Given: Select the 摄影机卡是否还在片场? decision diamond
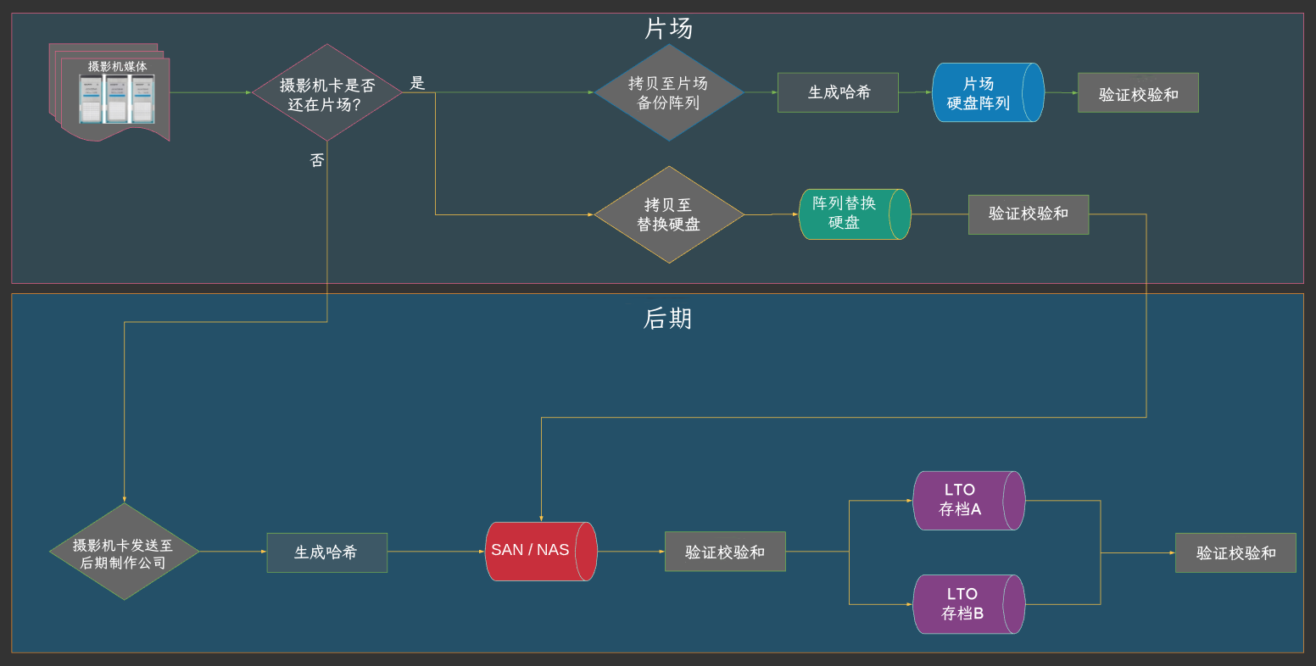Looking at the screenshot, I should [x=327, y=93].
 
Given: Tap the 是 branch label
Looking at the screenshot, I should [x=417, y=83].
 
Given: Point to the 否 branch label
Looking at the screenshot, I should [x=317, y=160].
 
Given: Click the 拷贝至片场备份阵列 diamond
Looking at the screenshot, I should [x=668, y=92].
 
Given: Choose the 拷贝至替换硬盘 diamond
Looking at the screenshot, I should [x=668, y=214].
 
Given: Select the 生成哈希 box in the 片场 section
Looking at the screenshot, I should [x=838, y=92].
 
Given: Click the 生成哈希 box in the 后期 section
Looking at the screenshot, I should [x=326, y=552].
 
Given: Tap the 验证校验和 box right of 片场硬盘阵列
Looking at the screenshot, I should [x=1138, y=92].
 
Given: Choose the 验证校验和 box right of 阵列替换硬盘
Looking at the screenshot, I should [x=1028, y=214].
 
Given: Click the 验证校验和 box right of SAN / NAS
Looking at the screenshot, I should [x=725, y=552].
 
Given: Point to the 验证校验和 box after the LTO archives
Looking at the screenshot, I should [x=1235, y=552].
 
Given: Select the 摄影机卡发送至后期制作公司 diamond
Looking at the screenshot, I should [x=124, y=552].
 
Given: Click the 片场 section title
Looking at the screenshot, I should [x=668, y=29].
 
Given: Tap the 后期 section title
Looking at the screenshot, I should [x=668, y=319].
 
